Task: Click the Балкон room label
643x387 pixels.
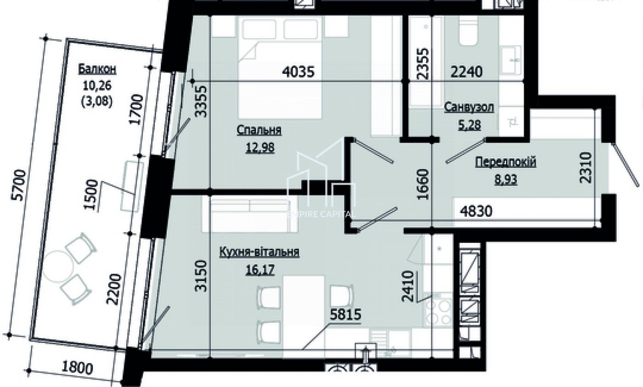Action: click(97, 69)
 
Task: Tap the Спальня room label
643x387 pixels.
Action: click(259, 130)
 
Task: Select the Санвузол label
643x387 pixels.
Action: click(469, 107)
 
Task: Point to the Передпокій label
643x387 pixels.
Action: click(506, 163)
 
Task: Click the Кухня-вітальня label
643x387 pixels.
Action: click(259, 252)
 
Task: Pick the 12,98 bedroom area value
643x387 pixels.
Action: click(260, 148)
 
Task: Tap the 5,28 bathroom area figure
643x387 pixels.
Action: click(469, 125)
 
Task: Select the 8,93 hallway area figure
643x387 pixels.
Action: click(506, 180)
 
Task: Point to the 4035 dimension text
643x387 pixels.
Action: click(298, 72)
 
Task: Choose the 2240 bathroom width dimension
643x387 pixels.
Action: click(467, 72)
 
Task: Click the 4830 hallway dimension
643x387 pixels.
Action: click(476, 212)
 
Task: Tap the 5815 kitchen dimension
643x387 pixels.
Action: click(345, 315)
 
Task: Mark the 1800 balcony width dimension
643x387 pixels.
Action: click(77, 368)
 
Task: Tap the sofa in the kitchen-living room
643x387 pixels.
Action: click(250, 214)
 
